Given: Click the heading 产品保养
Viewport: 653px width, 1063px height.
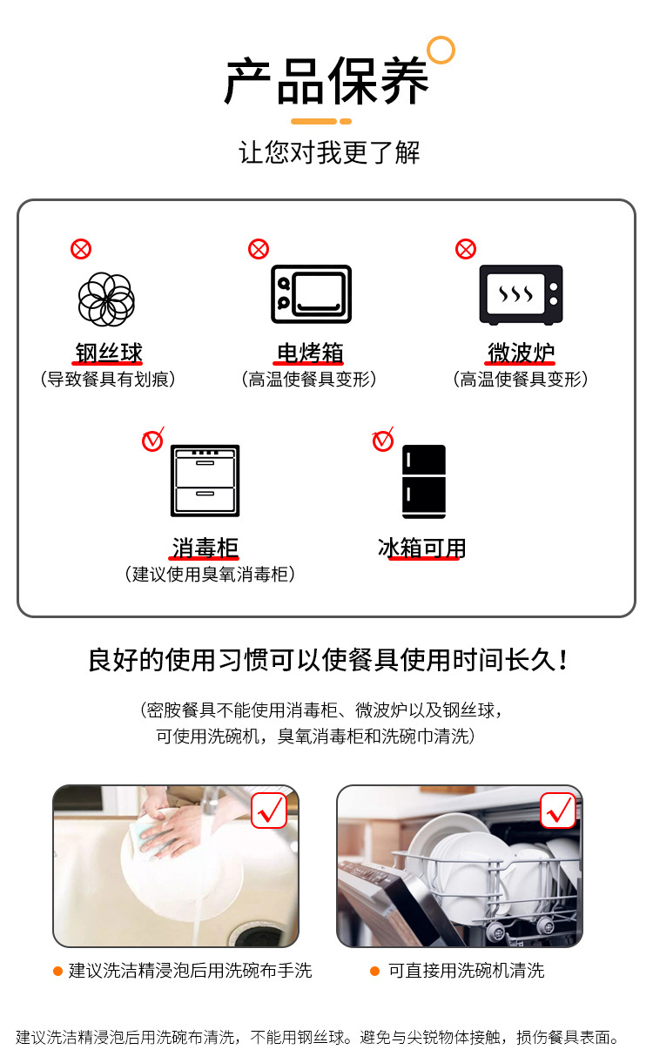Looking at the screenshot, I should [326, 82].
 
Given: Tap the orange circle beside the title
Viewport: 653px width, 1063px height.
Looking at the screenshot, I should [441, 50].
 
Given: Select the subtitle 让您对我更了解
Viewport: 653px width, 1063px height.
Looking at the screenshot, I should [329, 153].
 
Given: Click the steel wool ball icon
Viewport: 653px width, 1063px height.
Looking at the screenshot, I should [106, 299].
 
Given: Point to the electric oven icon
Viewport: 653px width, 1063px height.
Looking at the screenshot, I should [311, 294].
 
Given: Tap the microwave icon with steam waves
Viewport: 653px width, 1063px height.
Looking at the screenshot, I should [521, 294].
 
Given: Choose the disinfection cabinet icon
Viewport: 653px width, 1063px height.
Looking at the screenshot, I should [205, 481].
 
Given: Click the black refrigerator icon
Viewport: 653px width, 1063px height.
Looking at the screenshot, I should [424, 481].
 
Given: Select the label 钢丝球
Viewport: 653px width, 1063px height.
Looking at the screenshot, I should [108, 353].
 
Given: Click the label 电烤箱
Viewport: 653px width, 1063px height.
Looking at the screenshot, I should [310, 353].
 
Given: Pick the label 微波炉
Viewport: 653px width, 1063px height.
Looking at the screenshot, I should [521, 353].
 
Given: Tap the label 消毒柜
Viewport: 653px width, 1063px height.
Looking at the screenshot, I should [205, 548].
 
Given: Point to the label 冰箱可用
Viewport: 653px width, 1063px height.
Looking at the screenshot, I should [422, 548].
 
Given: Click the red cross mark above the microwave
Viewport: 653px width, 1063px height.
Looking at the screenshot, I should [466, 250].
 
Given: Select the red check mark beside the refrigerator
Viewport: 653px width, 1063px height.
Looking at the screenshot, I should [383, 441].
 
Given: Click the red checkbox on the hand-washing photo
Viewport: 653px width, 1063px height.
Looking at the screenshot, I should [269, 811].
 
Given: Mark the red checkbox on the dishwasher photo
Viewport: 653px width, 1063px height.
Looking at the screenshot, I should [557, 811].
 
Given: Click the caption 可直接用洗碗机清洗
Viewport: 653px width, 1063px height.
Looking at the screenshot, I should [466, 971].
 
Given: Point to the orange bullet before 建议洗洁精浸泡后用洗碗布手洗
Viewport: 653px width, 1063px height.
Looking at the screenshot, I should [57, 971].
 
